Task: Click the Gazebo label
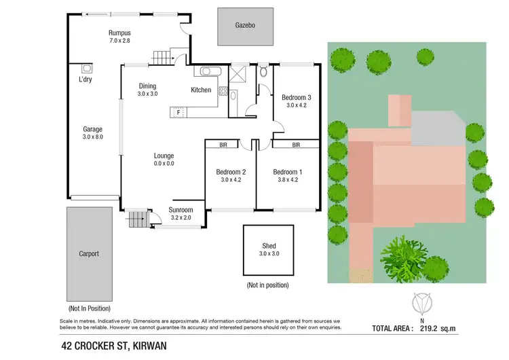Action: (245, 25)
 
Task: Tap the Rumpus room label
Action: (119, 33)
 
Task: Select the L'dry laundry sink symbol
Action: (86, 69)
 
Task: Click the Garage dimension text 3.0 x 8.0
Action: (92, 138)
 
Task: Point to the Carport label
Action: (89, 254)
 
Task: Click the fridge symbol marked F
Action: (179, 113)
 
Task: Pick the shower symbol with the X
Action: (239, 73)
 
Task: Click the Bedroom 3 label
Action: (297, 98)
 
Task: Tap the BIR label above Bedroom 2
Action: (223, 145)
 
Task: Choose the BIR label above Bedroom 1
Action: (296, 145)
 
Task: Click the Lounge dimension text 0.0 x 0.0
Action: (164, 164)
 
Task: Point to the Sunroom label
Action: (181, 210)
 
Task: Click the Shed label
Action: (269, 246)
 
